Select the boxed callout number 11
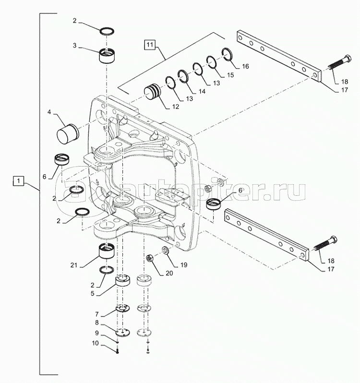pos(150,45)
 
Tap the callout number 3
pos(75,46)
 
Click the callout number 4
pos(49,113)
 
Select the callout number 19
pos(184,264)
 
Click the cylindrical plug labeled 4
pos(67,135)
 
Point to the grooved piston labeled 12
pos(154,92)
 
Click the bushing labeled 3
pos(109,58)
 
